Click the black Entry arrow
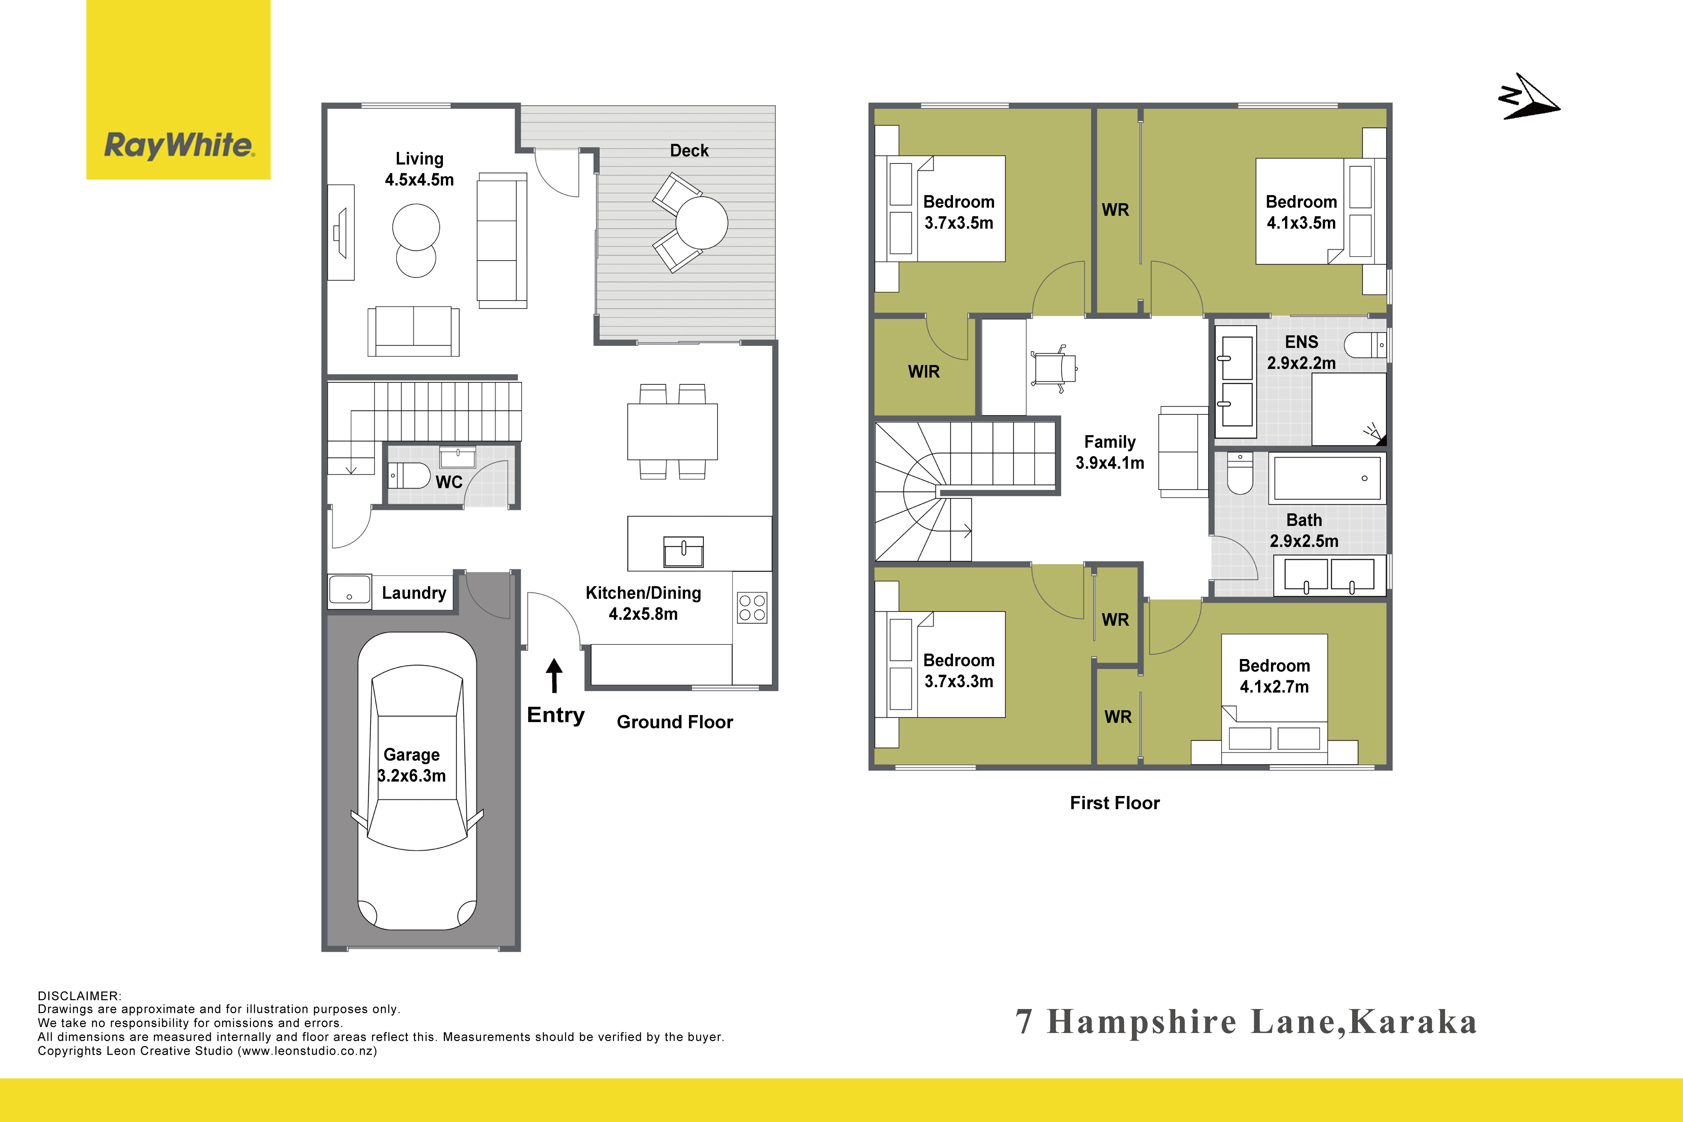(554, 675)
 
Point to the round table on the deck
(701, 223)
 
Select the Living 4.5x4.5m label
(419, 169)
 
